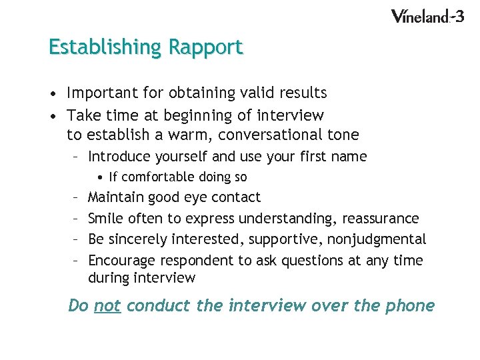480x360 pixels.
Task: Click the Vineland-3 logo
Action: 427,16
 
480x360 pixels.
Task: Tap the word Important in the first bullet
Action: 102,93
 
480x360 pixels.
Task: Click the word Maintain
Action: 115,197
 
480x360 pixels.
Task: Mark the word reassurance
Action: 383,218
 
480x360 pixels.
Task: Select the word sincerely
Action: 144,239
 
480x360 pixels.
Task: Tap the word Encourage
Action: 120,260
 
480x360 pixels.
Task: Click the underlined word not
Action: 107,306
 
